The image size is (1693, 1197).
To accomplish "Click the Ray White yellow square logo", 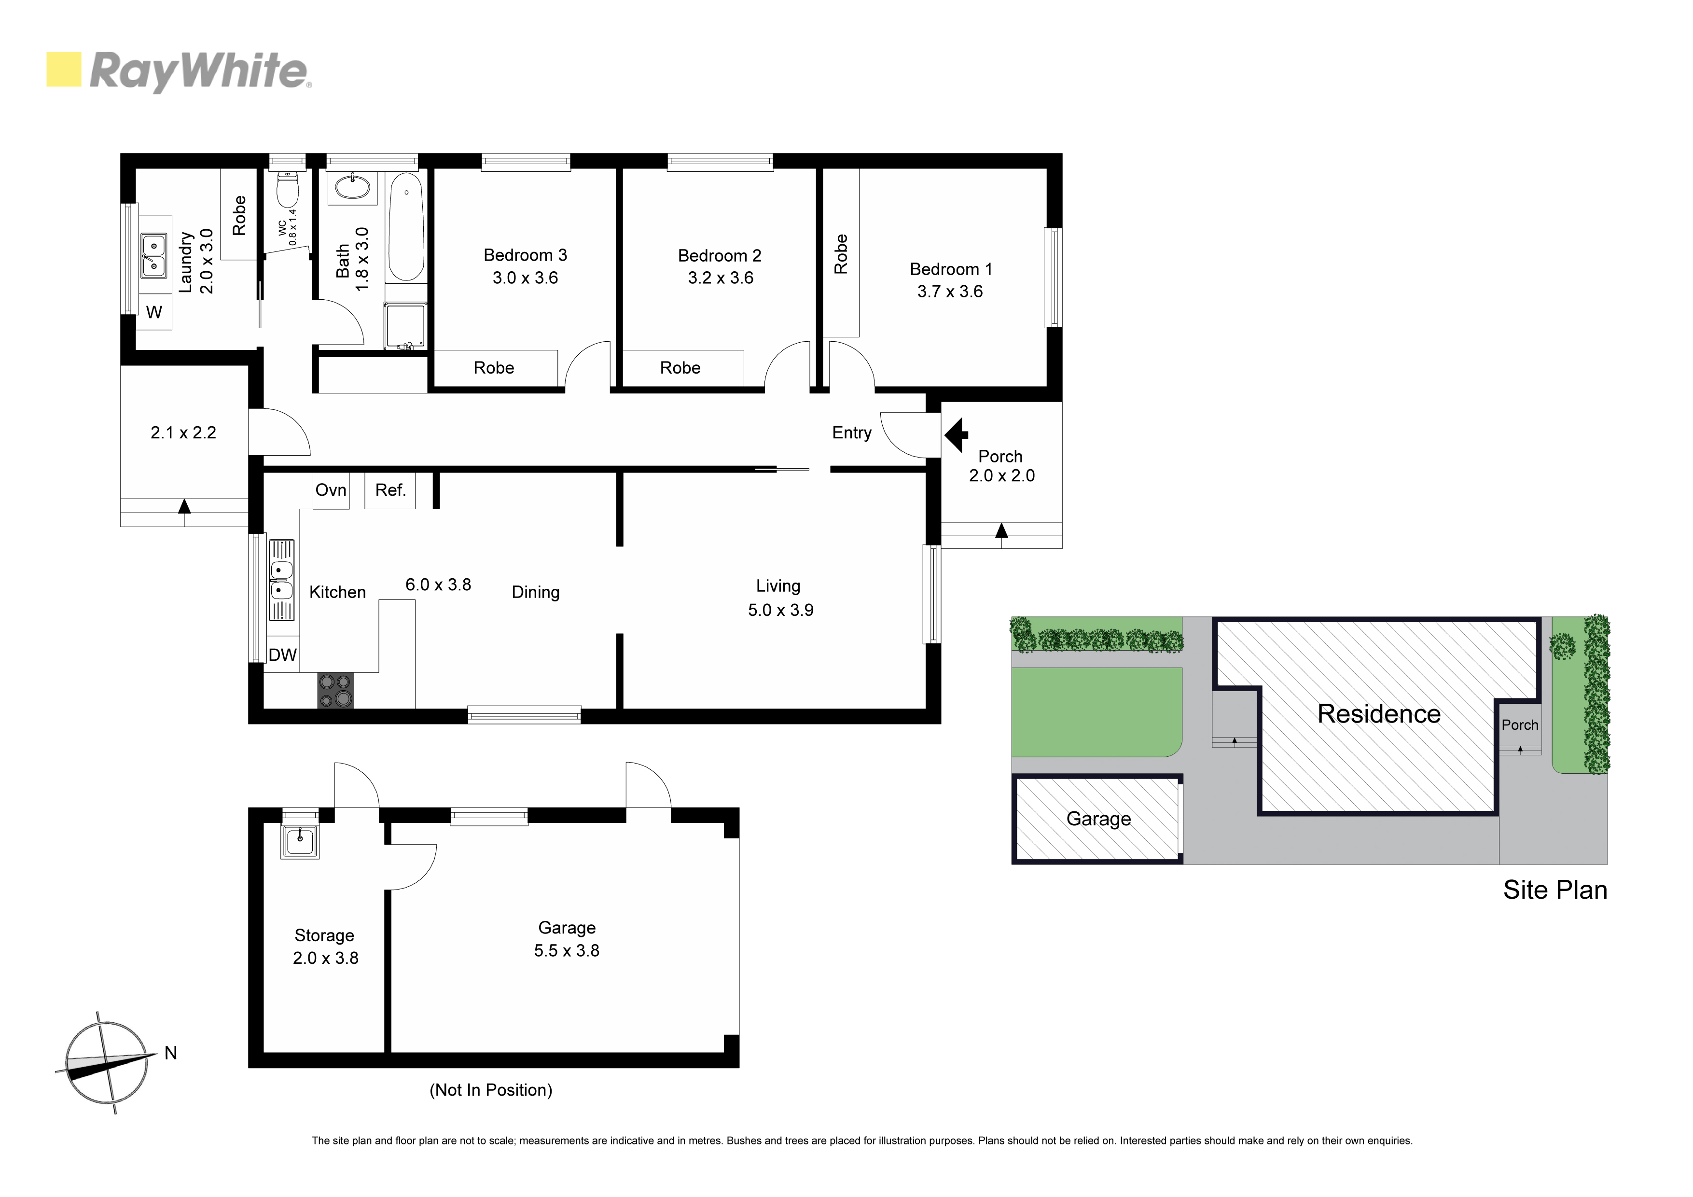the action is pyautogui.click(x=63, y=70).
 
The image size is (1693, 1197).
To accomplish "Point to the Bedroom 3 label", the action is pyautogui.click(x=525, y=255).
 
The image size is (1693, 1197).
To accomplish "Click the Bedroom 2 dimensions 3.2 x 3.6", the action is pyautogui.click(x=721, y=278).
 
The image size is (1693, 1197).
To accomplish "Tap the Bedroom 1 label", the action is pyautogui.click(x=950, y=269).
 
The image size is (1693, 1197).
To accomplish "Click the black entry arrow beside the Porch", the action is pyautogui.click(x=957, y=435).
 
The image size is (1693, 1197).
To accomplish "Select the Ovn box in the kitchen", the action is pyautogui.click(x=331, y=490).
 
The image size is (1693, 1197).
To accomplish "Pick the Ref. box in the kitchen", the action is pyautogui.click(x=390, y=490).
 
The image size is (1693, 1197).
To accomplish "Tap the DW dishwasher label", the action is pyautogui.click(x=282, y=655).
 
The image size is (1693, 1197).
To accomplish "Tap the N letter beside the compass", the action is pyautogui.click(x=171, y=1053).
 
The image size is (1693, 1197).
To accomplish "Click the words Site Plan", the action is pyautogui.click(x=1555, y=890).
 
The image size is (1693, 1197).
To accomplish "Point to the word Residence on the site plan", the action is pyautogui.click(x=1379, y=714).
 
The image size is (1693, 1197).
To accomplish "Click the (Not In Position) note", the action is pyautogui.click(x=491, y=1090).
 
